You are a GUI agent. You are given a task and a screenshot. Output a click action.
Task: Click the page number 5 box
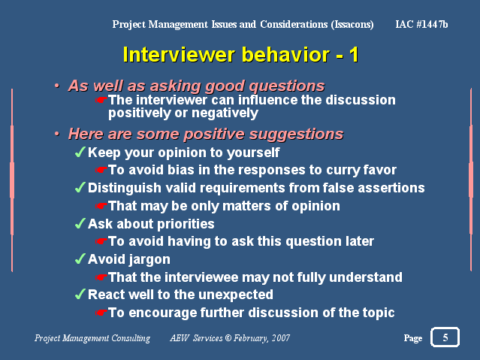pos(445,337)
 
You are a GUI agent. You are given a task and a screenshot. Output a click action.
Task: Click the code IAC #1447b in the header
pos(421,24)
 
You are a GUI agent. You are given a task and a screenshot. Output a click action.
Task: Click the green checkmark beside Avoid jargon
pos(80,259)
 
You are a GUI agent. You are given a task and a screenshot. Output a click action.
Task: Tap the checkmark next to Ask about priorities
pos(80,223)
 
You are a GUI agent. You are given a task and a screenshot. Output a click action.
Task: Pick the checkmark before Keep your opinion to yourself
pos(80,152)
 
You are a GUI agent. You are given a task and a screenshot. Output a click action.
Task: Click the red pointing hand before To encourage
pos(101,313)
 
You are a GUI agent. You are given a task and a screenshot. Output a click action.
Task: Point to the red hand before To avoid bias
pos(101,170)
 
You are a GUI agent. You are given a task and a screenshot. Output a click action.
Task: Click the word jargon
pos(149,260)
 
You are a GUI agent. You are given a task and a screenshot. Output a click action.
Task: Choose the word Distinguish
pos(125,189)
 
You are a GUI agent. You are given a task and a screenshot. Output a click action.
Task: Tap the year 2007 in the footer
pos(281,338)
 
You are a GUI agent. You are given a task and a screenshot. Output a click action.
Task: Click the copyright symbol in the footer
pos(228,338)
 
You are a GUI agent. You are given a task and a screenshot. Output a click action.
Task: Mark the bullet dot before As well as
pos(56,86)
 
